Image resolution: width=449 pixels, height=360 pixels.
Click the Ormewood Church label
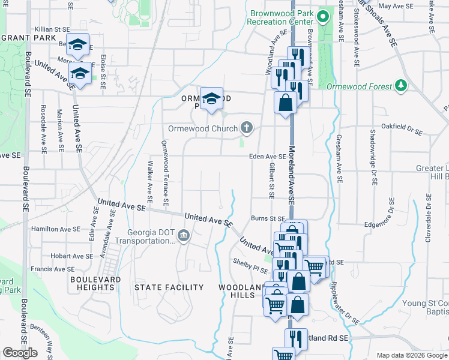203,128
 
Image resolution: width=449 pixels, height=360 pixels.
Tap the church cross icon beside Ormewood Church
246,127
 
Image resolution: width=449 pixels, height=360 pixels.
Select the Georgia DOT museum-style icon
184,235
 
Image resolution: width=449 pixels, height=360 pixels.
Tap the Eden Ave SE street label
268,157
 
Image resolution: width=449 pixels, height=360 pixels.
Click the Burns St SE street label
268,219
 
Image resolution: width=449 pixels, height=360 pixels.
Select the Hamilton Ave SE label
56,229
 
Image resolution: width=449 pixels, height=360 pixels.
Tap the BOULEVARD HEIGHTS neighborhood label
97,283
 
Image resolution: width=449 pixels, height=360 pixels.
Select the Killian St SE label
53,29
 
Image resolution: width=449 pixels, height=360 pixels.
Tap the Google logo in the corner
20,353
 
